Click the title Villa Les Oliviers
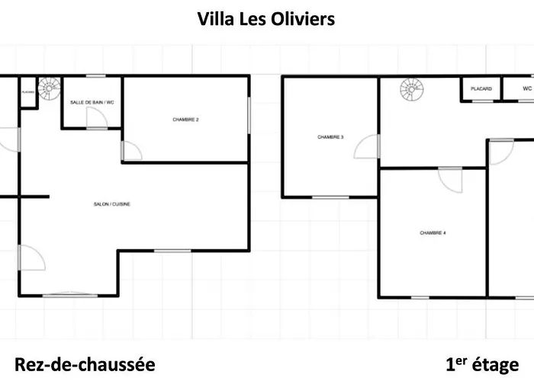266,19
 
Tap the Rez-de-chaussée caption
85,365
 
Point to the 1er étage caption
482,365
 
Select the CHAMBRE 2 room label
185,120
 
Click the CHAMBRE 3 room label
330,137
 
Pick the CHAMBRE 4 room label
433,233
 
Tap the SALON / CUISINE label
111,204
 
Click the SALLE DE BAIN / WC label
92,102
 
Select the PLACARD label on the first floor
481,89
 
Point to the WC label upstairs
527,88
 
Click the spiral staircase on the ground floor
50,88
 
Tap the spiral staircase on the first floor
412,89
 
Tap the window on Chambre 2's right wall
249,115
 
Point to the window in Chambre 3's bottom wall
330,197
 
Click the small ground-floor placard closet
28,92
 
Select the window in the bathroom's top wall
95,76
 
